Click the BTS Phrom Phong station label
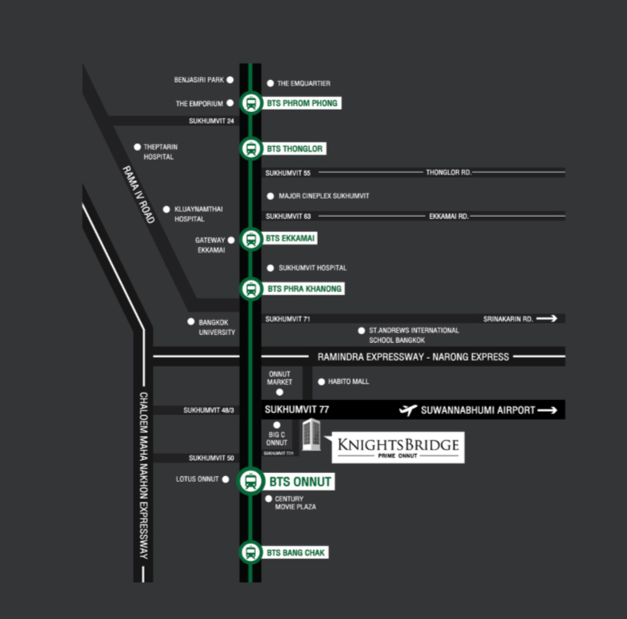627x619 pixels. [x=302, y=103]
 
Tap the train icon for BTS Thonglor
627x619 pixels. [x=251, y=148]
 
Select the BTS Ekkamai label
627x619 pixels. [x=290, y=238]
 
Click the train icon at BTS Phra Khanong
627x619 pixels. [x=251, y=289]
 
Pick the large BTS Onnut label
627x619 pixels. [x=300, y=482]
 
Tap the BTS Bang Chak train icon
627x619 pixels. [x=250, y=552]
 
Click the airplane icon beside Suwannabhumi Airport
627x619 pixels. [x=408, y=410]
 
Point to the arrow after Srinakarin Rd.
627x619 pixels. [x=547, y=318]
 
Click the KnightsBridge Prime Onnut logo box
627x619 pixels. [x=398, y=448]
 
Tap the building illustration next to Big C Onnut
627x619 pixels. [x=311, y=435]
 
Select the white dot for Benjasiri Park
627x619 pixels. [x=230, y=80]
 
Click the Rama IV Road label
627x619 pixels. [x=138, y=194]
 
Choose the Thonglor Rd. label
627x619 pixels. [x=449, y=172]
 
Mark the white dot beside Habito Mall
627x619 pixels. [x=321, y=382]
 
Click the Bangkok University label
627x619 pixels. [x=217, y=327]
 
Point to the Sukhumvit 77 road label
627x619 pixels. [x=296, y=409]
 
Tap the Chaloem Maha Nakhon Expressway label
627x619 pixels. [x=143, y=475]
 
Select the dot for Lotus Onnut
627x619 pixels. [x=226, y=479]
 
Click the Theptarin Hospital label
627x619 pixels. [x=161, y=152]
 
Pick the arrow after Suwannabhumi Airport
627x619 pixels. [x=548, y=410]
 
